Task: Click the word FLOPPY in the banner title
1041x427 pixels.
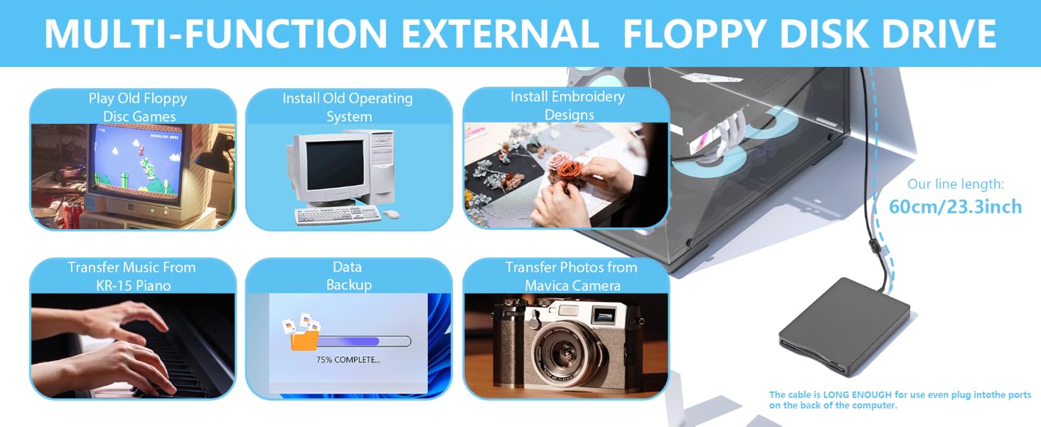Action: (694, 34)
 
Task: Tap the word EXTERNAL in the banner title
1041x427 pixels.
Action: (500, 34)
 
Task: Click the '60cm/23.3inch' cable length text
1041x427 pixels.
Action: (956, 206)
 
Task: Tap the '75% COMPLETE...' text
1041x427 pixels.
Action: (348, 359)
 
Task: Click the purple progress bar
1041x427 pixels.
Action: (353, 342)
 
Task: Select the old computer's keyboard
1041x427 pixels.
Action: (338, 216)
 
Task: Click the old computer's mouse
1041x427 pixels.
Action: (391, 214)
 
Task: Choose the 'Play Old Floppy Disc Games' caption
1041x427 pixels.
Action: (138, 107)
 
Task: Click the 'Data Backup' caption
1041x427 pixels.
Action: (348, 276)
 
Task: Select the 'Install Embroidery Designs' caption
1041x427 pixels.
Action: (568, 105)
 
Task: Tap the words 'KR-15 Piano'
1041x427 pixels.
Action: (134, 285)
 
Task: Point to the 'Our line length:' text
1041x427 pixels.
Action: (956, 184)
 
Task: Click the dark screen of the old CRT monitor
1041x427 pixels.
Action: (335, 165)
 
